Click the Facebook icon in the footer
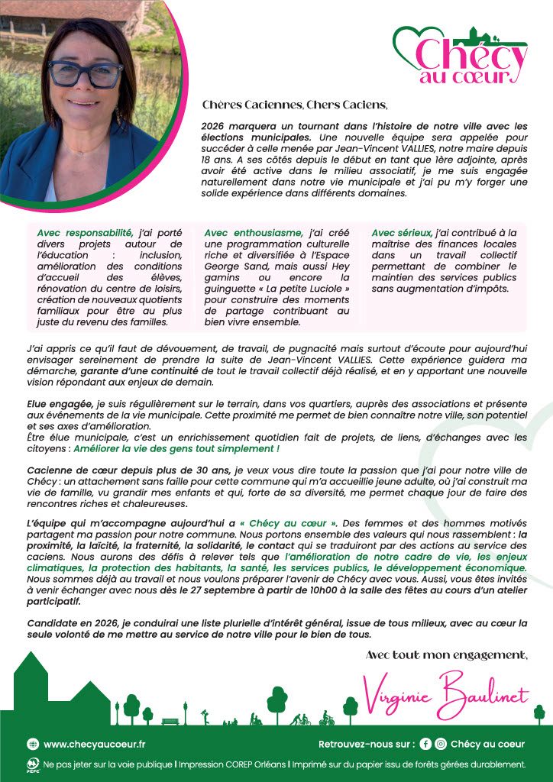tap(425, 744)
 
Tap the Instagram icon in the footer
tap(441, 744)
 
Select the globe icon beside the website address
tap(33, 744)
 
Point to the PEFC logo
tap(32, 764)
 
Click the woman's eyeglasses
tap(86, 74)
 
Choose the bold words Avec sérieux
tap(401, 232)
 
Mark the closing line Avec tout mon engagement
tap(446, 654)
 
